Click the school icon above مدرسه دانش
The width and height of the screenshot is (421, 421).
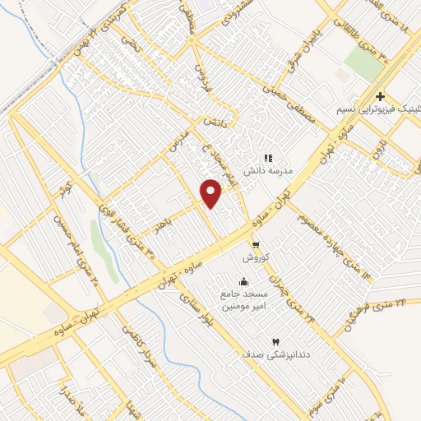(267, 158)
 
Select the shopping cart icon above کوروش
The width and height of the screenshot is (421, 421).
(256, 244)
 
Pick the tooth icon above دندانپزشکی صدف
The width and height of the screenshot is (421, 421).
(275, 340)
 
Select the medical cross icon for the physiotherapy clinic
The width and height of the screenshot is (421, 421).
(380, 96)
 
